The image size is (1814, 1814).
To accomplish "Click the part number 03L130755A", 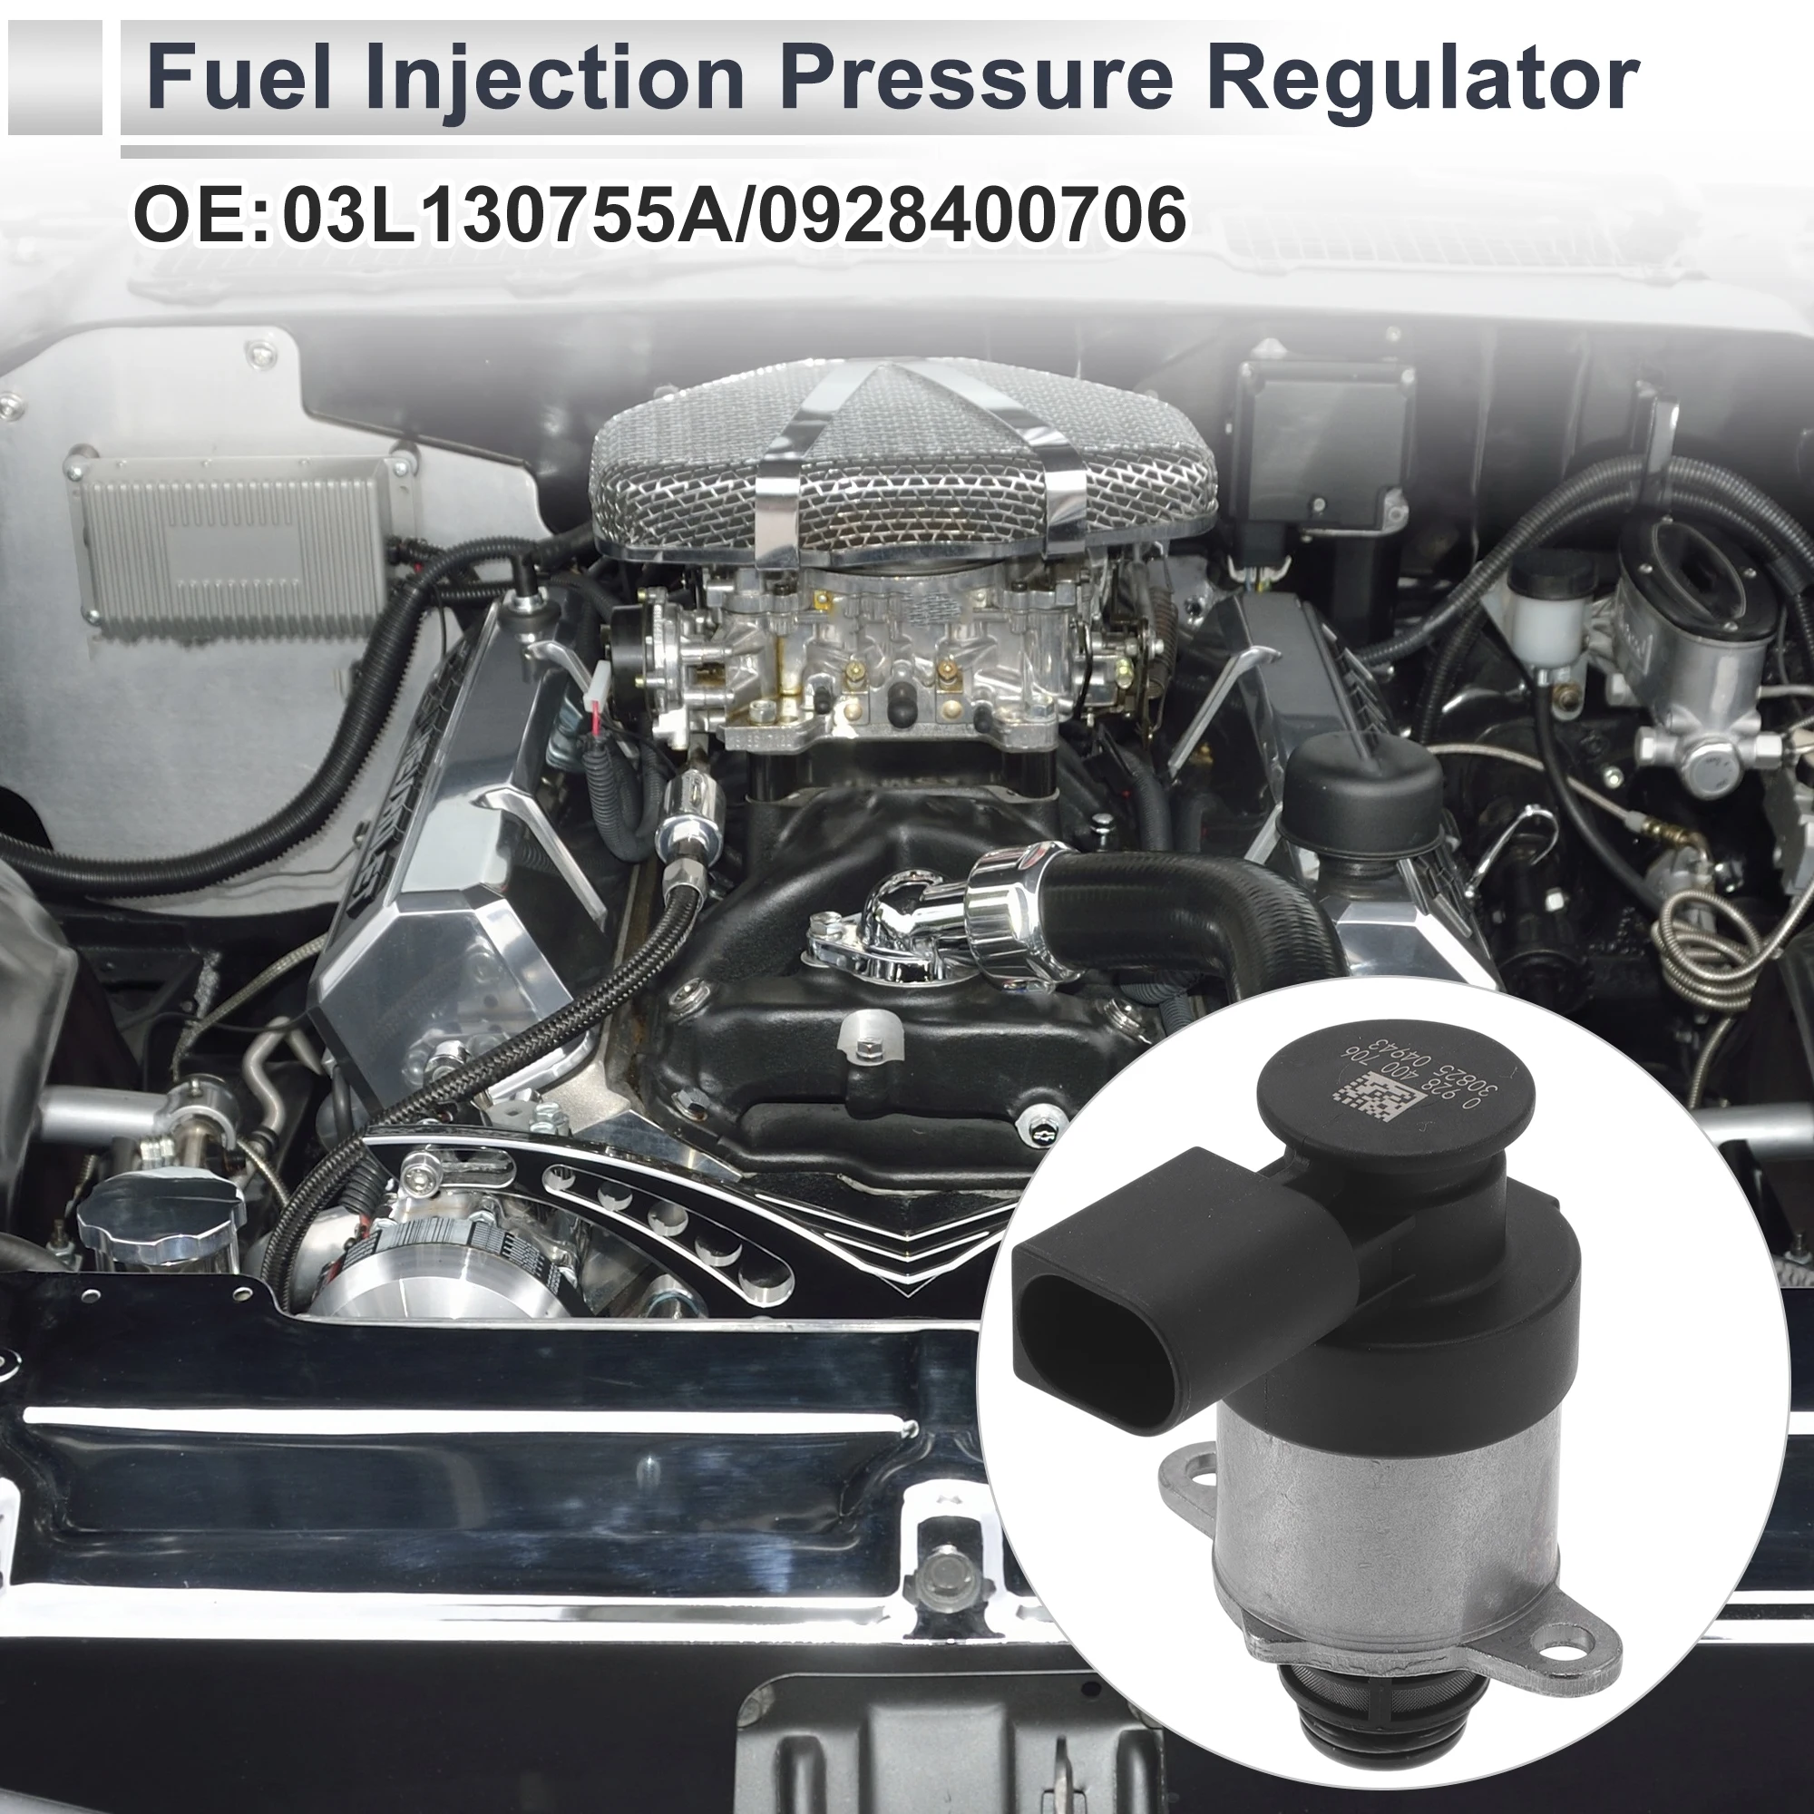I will [512, 215].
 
